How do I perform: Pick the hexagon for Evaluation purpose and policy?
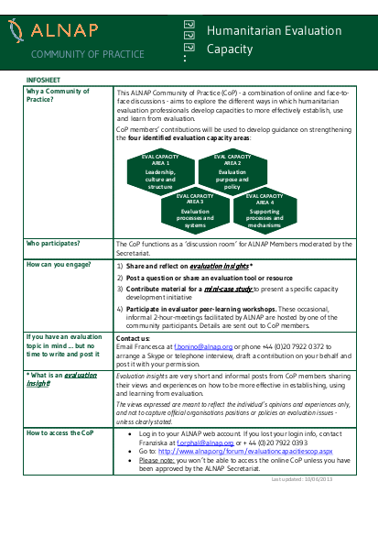tap(232, 172)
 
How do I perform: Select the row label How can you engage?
tap(59, 264)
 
